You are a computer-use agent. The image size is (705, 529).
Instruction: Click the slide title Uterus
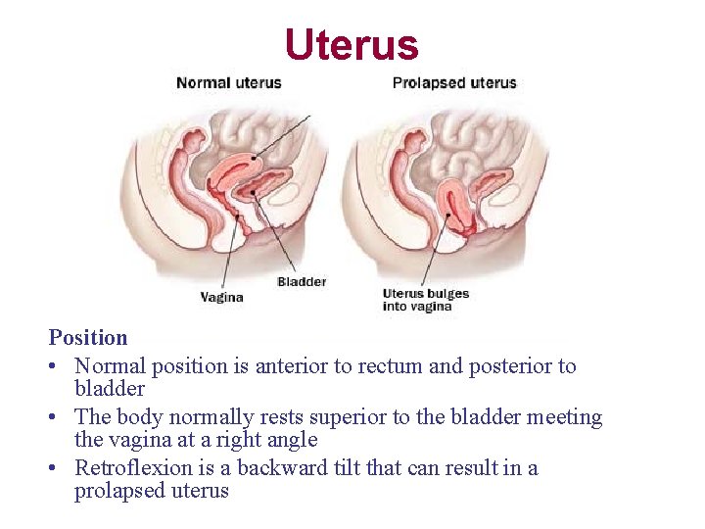coord(352,44)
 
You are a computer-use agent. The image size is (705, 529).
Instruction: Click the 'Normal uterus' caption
coord(228,83)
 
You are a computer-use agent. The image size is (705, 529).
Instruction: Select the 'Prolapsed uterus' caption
coord(454,83)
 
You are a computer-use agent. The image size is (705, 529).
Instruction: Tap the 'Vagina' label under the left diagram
coord(221,297)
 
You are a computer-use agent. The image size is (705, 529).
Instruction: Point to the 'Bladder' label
coord(302,282)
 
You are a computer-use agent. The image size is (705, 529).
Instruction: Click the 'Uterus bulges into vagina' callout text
coord(426,300)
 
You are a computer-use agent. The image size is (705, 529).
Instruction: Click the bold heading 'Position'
coord(88,338)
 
